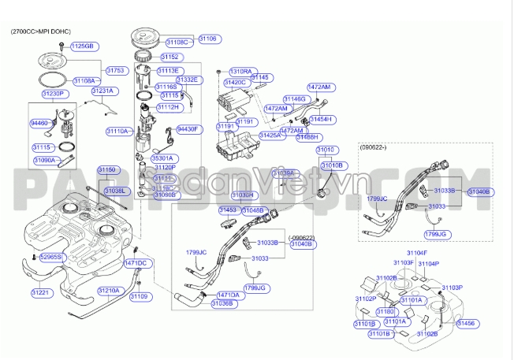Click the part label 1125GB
tap(83, 46)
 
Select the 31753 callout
tap(116, 70)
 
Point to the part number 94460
tap(39, 124)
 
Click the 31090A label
tap(44, 160)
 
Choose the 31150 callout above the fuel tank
tap(107, 170)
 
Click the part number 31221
tap(40, 292)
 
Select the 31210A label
tap(109, 291)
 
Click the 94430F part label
tap(189, 128)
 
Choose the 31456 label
tap(467, 324)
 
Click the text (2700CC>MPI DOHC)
tap(40, 31)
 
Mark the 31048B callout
tap(254, 210)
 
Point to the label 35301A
tap(166, 158)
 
